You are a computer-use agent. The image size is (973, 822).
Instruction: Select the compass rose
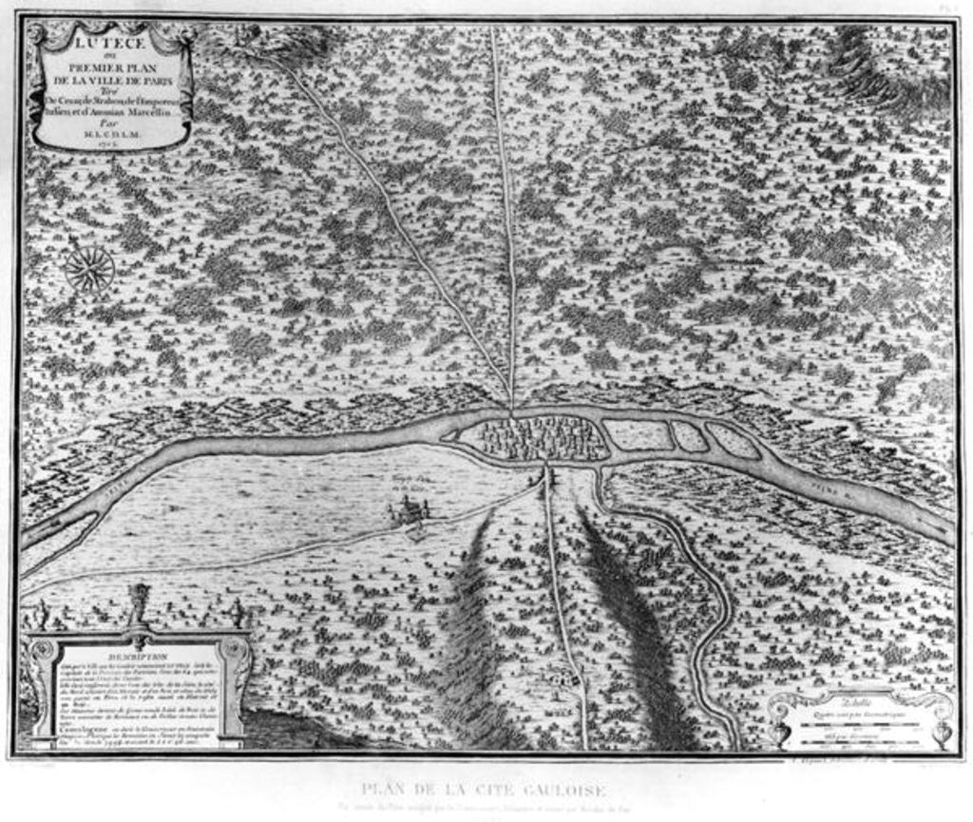coord(89,269)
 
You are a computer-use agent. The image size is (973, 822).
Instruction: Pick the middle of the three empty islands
coord(690,436)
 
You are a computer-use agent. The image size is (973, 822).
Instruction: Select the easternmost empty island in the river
coord(734,440)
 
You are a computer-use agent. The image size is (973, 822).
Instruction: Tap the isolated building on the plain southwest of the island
coord(409,512)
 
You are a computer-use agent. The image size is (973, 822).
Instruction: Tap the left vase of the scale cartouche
coord(781,732)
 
